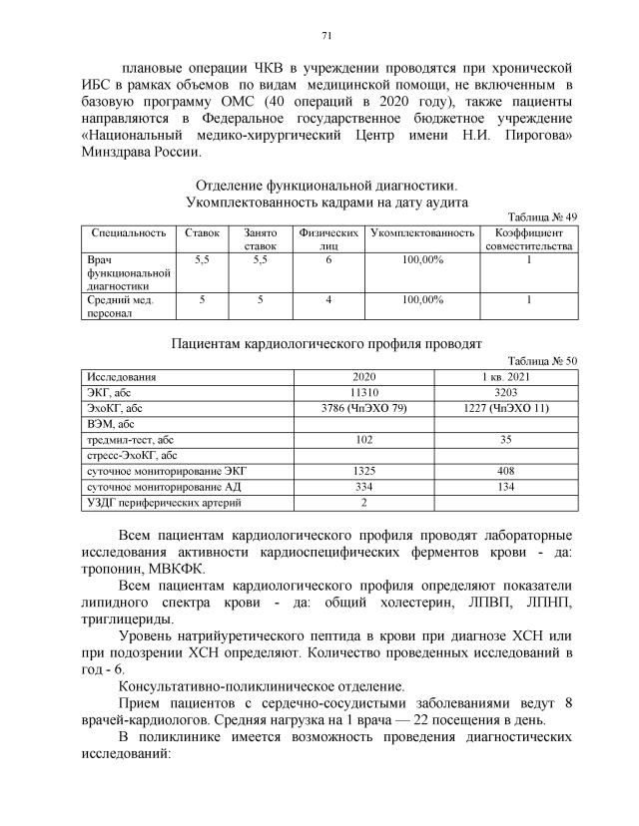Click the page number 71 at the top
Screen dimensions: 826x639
325,37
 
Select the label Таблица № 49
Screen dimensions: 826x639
542,216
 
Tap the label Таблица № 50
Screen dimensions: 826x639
542,361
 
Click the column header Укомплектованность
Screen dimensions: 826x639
420,232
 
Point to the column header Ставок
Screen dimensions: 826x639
202,232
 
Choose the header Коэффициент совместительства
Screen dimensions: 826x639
528,239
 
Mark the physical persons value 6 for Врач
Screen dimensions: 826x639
327,259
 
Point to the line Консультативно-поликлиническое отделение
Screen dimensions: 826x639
262,686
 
